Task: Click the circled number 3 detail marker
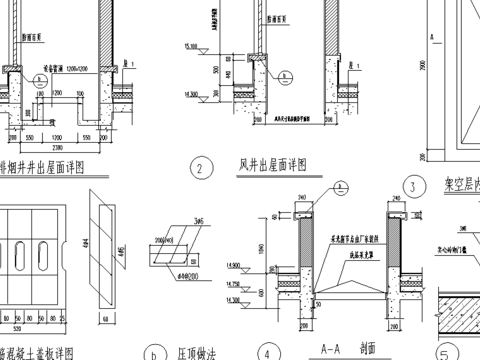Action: tap(410, 186)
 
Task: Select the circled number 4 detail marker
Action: tap(267, 352)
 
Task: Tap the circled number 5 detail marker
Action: tap(447, 353)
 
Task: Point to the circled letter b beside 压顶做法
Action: tap(153, 352)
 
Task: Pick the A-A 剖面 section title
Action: tap(345, 349)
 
